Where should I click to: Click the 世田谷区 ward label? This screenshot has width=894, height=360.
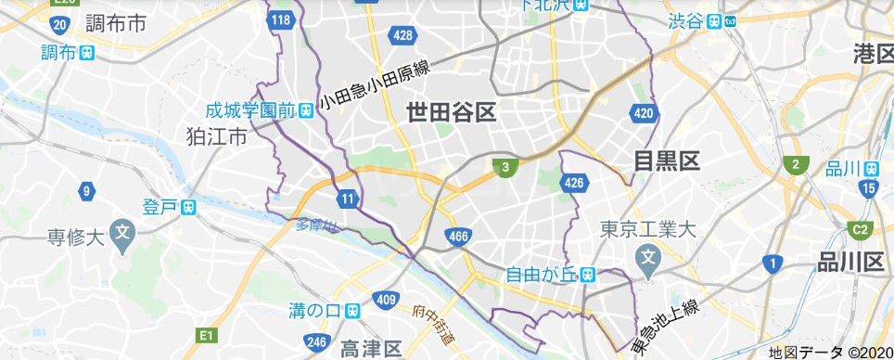[452, 113]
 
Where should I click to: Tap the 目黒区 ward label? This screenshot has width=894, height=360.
[666, 161]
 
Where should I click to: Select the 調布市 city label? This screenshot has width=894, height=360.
[114, 23]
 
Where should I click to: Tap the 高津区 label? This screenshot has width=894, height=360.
[370, 349]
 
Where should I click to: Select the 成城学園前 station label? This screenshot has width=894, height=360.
[249, 110]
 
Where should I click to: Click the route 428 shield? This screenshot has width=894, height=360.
[402, 35]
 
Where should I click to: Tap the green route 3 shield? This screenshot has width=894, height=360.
[504, 168]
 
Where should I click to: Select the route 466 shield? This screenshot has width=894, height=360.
[455, 238]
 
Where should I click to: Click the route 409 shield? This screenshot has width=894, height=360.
[387, 299]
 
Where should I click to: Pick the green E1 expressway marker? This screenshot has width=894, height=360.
[207, 334]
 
